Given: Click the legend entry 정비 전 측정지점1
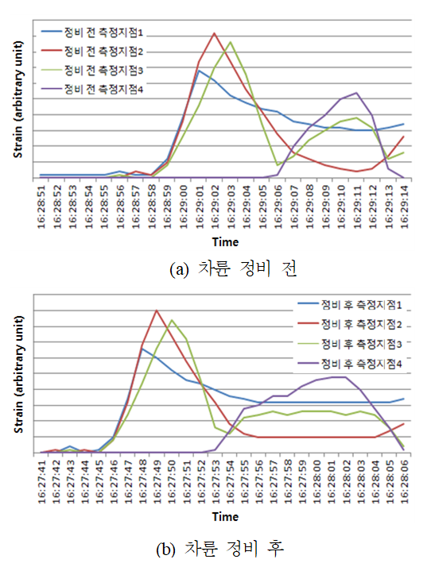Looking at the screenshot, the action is (92, 33).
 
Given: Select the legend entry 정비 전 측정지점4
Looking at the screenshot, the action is (92, 89).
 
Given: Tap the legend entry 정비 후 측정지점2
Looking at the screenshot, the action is (350, 324).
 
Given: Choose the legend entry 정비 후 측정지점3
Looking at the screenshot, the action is (350, 344).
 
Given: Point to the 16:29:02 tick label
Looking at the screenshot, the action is (215, 206).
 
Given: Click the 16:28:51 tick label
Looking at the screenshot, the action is (41, 206).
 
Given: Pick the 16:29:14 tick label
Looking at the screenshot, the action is (405, 206).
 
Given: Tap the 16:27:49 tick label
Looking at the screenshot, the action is (157, 481).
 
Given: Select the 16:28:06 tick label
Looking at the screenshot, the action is (404, 481).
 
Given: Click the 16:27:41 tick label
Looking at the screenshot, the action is (41, 481).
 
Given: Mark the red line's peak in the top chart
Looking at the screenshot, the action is (215, 33).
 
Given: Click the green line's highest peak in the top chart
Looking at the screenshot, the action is (231, 42).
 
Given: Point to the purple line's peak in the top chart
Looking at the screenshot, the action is (357, 93).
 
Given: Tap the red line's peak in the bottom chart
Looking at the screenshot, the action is (157, 310).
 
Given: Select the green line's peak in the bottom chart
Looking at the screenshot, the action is (171, 320).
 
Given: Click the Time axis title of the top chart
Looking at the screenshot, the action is (225, 242).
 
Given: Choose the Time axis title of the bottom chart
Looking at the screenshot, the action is (225, 517).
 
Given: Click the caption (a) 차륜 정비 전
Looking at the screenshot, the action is (233, 269).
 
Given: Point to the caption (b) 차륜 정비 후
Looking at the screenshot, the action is (219, 549).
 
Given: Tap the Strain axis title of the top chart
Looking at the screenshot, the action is (18, 99).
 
